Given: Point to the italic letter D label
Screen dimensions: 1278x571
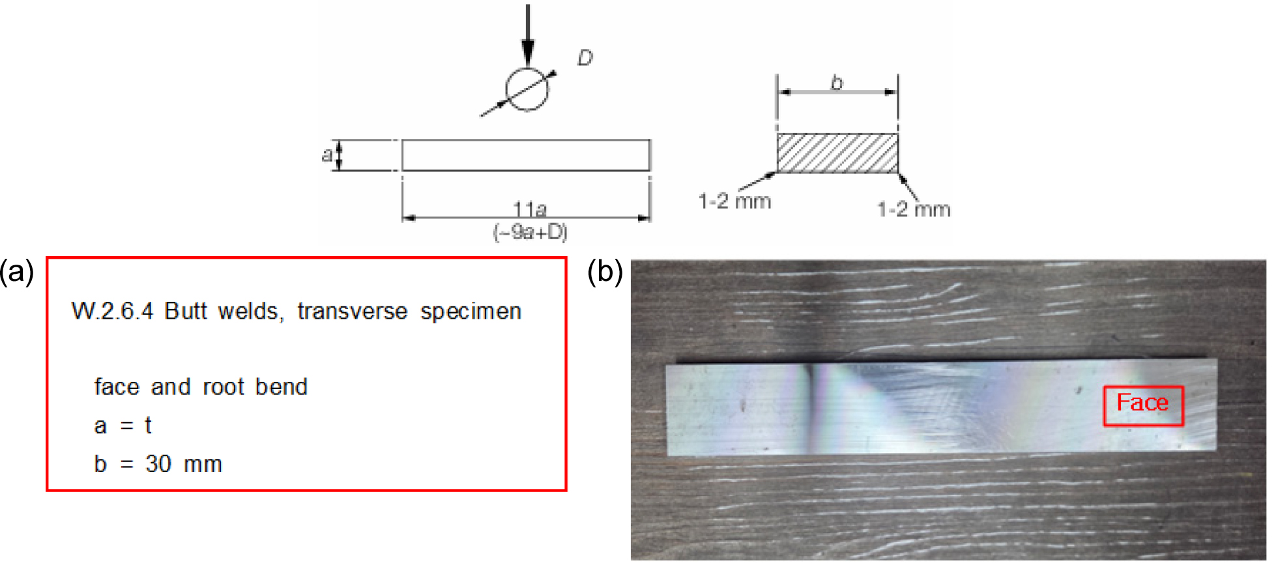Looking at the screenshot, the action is coord(585,58).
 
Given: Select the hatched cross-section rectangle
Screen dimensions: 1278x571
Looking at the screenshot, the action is coord(837,153).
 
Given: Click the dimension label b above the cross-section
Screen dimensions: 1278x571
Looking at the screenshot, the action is coord(837,82).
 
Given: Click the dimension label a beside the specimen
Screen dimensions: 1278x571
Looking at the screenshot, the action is coord(327,154).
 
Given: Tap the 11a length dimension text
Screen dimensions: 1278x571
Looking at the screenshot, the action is coord(530,209).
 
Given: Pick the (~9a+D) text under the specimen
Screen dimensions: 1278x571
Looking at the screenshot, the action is coord(530,231).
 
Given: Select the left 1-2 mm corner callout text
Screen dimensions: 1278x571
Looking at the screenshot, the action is coord(734,201).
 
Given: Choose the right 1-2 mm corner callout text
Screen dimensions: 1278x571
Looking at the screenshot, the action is coord(914,209).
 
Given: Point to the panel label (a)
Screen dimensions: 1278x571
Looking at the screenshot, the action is coord(17,271).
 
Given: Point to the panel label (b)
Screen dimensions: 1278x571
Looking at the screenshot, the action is coord(605,271).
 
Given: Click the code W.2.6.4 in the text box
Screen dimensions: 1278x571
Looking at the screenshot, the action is coord(112,311).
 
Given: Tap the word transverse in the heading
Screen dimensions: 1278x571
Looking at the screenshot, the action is coord(352,311).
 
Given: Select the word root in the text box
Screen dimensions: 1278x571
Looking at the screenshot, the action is coord(223,387).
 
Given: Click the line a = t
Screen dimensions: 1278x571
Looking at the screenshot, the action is coord(123,425).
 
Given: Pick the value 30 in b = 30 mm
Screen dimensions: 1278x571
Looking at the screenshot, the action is coord(158,463).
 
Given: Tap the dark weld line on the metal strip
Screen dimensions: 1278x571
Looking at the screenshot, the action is coord(812,407).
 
